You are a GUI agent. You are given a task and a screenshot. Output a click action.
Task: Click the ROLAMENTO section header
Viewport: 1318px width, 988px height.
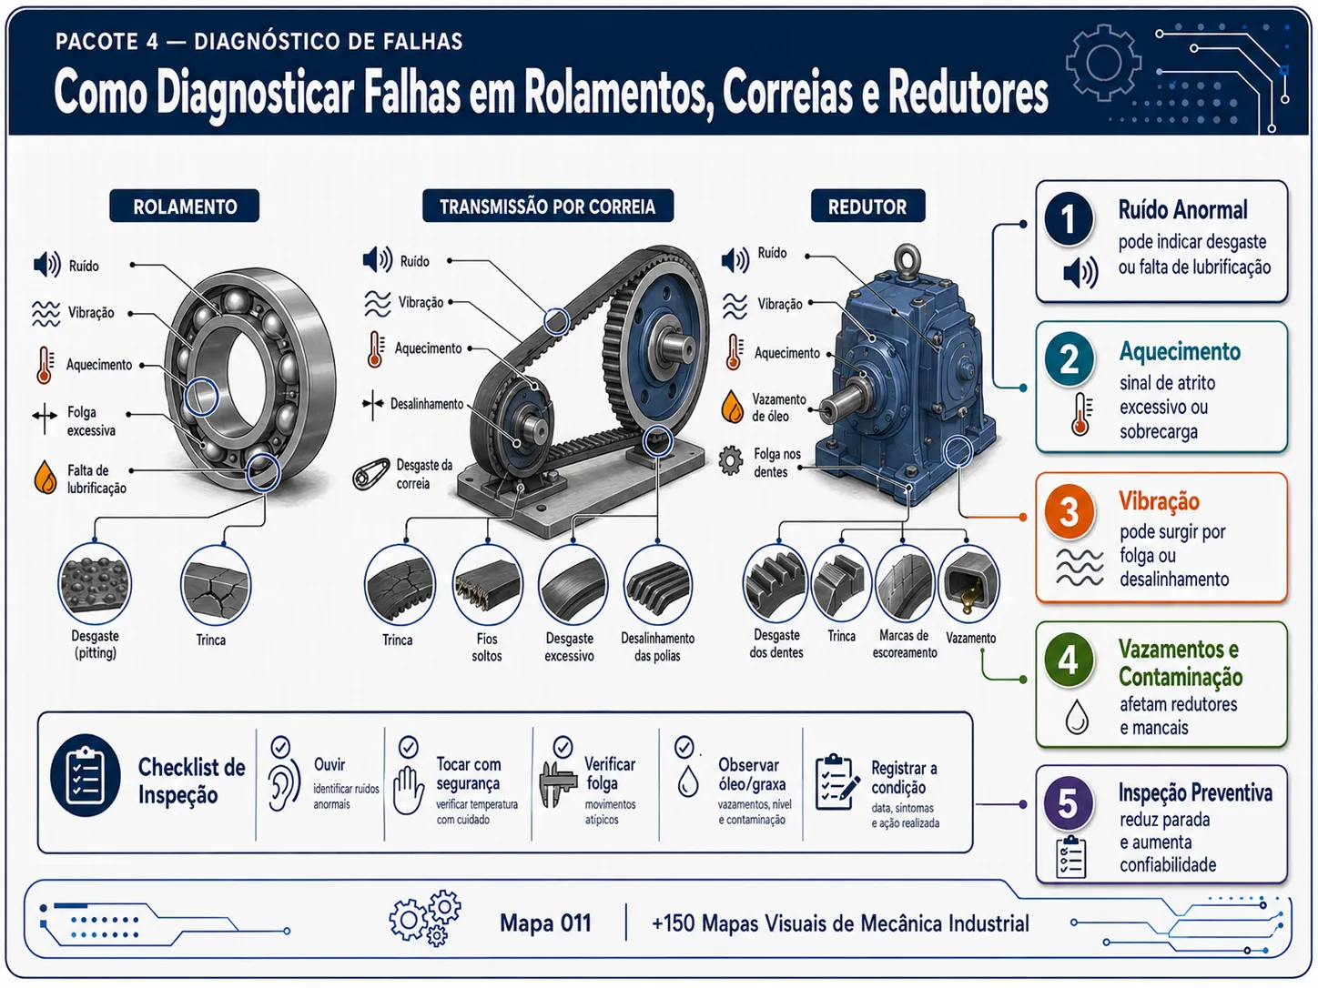click(185, 206)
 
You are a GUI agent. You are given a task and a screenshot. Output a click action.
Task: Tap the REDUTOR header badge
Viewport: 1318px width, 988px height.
click(867, 206)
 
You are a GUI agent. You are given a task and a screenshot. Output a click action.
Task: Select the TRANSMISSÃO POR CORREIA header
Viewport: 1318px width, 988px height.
click(548, 206)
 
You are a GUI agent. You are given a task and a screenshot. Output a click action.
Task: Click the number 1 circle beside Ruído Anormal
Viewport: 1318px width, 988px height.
click(1069, 218)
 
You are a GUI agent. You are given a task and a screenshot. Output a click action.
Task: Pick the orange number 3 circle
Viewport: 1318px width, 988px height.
click(1070, 511)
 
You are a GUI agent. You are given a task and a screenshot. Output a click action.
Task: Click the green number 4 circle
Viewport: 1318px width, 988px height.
click(1069, 660)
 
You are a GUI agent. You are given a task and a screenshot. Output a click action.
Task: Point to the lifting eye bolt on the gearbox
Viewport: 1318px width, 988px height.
click(907, 260)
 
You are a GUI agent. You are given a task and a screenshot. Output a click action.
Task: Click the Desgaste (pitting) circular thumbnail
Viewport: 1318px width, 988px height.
click(95, 583)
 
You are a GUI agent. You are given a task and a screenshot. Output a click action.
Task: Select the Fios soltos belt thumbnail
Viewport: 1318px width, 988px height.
click(487, 585)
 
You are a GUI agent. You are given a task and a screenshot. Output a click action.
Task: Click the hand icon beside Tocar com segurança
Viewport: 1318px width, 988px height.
click(409, 790)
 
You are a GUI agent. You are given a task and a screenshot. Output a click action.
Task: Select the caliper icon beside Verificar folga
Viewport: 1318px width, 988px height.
click(558, 784)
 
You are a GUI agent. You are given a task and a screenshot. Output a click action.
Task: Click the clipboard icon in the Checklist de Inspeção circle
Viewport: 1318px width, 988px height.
click(86, 775)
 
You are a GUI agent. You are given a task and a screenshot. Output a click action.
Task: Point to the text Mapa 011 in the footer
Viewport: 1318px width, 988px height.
click(545, 922)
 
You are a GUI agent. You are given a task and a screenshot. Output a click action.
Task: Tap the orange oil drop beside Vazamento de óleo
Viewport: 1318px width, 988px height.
click(733, 407)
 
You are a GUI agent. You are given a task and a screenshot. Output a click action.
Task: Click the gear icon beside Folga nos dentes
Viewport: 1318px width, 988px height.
click(731, 460)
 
